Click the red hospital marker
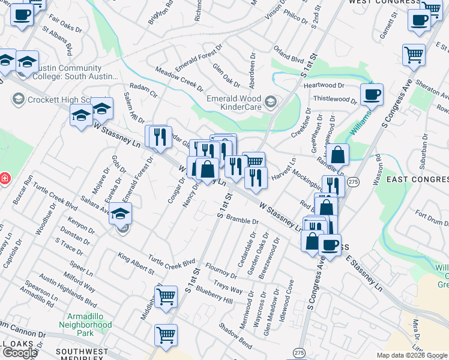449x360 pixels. pos(4,178)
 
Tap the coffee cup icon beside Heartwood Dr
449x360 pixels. pos(372,94)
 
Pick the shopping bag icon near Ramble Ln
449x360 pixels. pos(338,154)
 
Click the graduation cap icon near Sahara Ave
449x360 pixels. pos(121,214)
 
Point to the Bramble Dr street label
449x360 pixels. pos(242,220)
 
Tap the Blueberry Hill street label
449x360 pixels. pos(214,295)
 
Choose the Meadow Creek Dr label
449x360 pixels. pos(179,79)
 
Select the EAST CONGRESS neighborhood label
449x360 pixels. pos(418,179)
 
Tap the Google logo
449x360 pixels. pos(20,353)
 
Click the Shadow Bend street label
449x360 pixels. pos(235,336)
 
